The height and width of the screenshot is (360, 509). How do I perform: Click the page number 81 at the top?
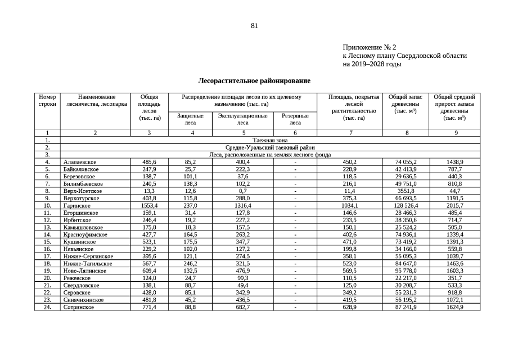[x=254, y=26]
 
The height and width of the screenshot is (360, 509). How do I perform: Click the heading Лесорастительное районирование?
[x=254, y=81]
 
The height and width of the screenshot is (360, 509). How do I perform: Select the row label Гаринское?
[x=77, y=206]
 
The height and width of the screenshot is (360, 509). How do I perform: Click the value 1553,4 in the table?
[x=149, y=206]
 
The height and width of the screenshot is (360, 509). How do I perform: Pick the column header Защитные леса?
[x=190, y=119]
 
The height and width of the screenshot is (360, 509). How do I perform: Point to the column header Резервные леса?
[x=295, y=119]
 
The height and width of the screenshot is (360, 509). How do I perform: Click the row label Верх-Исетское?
[x=83, y=191]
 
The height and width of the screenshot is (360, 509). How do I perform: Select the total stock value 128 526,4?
[x=406, y=206]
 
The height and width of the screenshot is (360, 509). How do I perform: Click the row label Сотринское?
[x=79, y=308]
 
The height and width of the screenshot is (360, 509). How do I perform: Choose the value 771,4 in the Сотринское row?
[x=149, y=308]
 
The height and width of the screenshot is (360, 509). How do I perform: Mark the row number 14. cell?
[x=47, y=235]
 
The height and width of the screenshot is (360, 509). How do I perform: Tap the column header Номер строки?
[x=47, y=101]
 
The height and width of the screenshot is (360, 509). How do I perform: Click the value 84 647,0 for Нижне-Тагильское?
[x=406, y=264]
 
